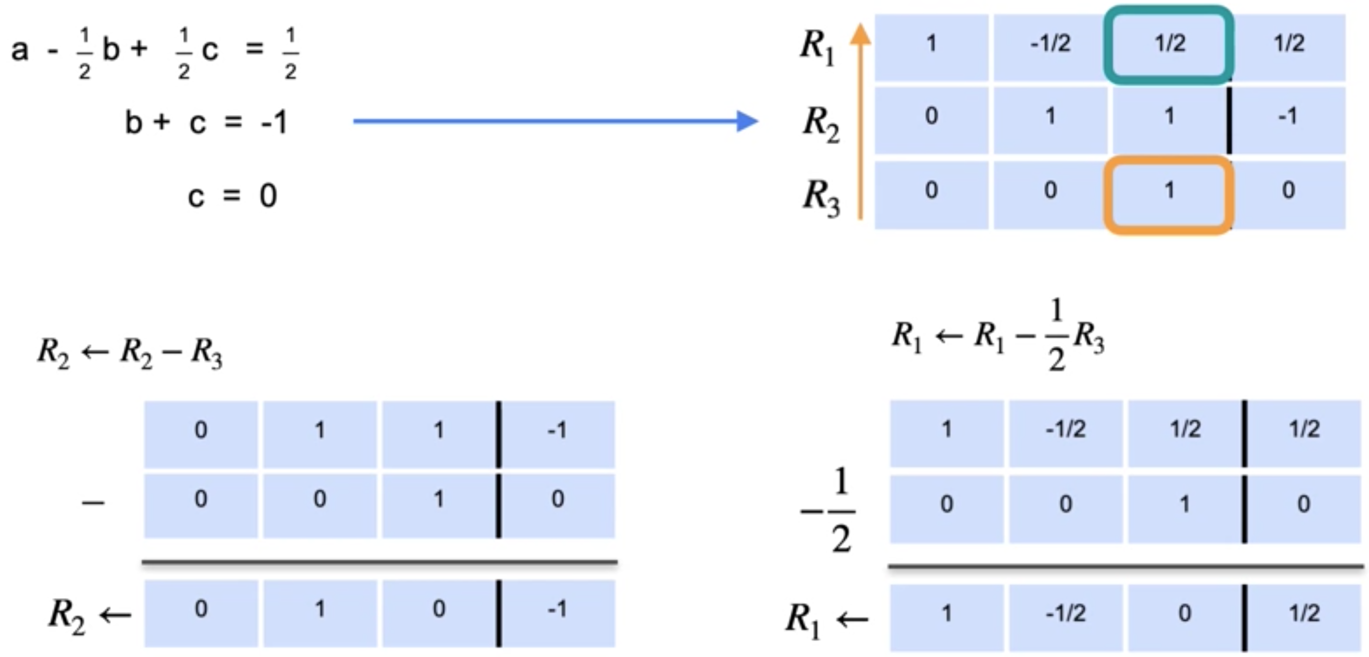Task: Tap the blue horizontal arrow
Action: (555, 121)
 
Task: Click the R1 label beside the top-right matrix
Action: (817, 47)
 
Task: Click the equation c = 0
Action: (232, 195)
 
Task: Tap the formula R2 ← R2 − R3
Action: (129, 353)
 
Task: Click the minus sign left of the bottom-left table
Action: (92, 502)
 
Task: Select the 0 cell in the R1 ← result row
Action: (1184, 614)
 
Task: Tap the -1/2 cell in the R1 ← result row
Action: (1065, 614)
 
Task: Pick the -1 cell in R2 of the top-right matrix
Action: (1288, 116)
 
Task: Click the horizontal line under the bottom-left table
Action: (379, 561)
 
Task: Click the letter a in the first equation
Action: (19, 50)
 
